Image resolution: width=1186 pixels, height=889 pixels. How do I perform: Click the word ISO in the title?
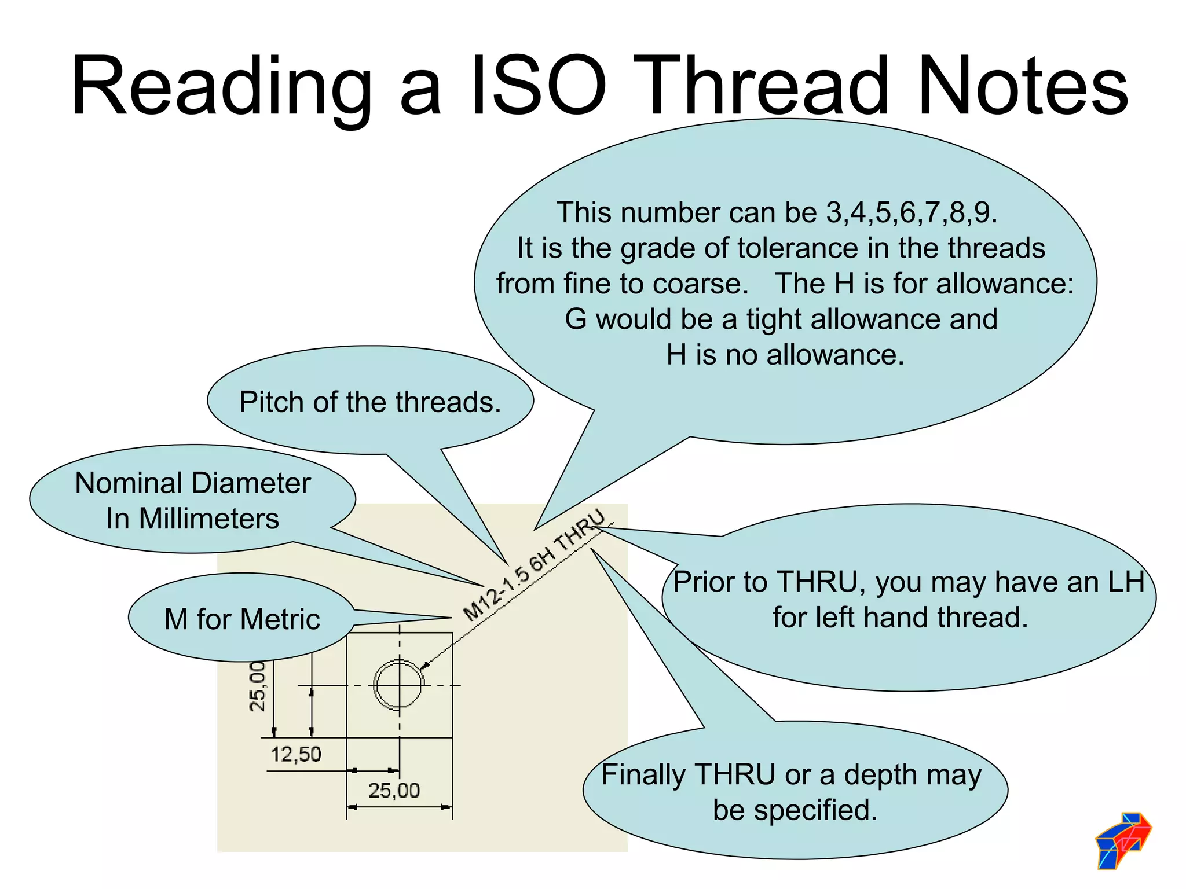click(x=539, y=87)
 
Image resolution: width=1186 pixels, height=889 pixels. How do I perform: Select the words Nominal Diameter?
click(x=193, y=483)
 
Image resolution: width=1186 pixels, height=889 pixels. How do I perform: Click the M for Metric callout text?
click(x=242, y=619)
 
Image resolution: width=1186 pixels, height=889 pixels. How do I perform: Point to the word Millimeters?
click(x=208, y=519)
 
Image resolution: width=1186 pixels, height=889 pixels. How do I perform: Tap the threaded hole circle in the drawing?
click(x=399, y=685)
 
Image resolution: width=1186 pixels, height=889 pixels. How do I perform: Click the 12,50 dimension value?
click(x=296, y=754)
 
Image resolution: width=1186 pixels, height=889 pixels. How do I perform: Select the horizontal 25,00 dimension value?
click(x=394, y=790)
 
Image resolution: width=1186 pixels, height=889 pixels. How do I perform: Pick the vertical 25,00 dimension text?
click(x=257, y=686)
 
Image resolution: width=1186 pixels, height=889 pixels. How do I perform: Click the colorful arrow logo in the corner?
click(x=1123, y=840)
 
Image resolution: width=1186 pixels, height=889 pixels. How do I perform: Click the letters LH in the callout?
click(x=1126, y=582)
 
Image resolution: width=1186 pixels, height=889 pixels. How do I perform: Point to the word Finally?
click(x=643, y=775)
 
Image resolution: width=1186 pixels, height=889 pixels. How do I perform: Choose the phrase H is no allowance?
click(x=785, y=355)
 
